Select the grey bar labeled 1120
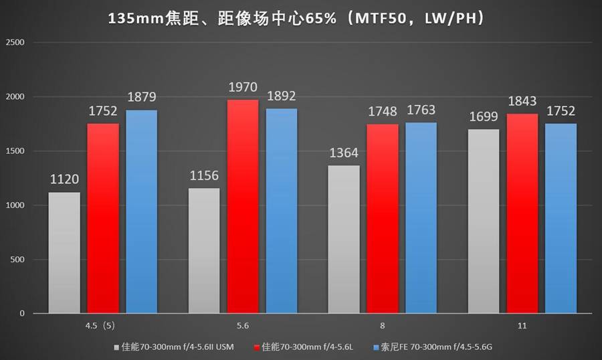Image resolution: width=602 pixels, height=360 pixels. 64,252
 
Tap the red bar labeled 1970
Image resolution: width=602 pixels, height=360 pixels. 242,206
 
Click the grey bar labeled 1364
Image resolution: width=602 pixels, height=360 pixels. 344,239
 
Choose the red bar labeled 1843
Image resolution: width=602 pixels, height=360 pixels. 522,213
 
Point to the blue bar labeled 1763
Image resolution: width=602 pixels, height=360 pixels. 421,217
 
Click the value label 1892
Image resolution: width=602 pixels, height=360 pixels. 282,96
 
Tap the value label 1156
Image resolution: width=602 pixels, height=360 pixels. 204,176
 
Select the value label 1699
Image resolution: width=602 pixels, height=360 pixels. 484,118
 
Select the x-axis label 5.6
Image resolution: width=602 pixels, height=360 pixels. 243,326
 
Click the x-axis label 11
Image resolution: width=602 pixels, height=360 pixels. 522,326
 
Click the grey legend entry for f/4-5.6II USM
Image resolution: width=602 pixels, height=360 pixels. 177,347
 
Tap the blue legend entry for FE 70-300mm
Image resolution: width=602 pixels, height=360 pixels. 435,347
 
